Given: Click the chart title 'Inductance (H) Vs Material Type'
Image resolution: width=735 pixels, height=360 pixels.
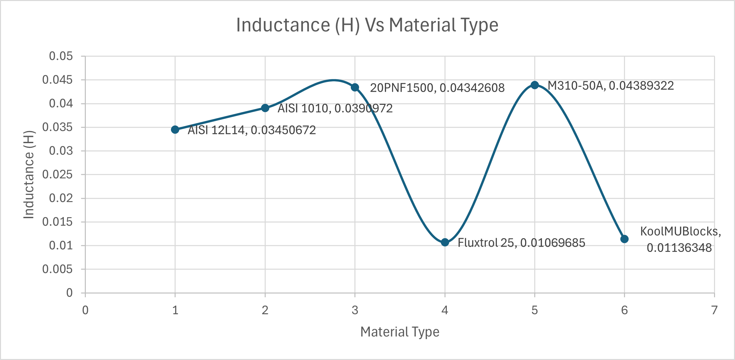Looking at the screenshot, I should pos(367,25).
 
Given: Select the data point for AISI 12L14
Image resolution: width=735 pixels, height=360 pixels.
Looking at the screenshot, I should pos(175,130).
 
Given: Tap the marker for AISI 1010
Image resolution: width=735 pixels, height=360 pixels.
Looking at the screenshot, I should pos(265,108).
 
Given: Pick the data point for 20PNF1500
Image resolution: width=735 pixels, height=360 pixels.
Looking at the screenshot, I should pos(355,87).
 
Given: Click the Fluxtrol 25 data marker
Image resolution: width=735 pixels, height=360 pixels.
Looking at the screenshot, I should pos(445,242).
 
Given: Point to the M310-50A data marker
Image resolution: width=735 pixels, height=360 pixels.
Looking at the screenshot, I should pos(535,85).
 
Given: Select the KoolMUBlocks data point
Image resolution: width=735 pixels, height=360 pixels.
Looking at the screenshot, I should pos(624,239).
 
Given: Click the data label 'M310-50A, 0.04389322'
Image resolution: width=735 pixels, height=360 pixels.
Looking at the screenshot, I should pos(611,86).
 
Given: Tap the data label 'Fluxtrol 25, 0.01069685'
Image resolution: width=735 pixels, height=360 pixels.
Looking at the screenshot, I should pos(521,243).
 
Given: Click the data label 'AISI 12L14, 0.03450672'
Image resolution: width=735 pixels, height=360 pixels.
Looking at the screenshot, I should pos(252,130).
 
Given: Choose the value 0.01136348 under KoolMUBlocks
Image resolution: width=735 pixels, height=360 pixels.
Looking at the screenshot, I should pos(679,248).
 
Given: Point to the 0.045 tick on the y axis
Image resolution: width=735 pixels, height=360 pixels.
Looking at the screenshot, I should pos(58,80).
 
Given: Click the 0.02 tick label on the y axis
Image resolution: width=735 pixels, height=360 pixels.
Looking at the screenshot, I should pos(61,198).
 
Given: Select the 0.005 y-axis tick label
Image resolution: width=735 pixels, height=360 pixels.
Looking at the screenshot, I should pos(58,269).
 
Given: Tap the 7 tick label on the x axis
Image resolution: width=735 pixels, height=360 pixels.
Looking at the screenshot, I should pos(714,310).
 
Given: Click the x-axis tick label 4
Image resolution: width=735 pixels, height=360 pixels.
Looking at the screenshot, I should pos(444,310).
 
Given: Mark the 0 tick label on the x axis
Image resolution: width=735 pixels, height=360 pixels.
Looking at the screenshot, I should pos(85,310).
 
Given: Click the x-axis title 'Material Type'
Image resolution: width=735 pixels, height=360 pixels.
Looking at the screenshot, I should pos(400,332).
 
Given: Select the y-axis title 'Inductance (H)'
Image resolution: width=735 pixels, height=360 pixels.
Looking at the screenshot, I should pos(29,175).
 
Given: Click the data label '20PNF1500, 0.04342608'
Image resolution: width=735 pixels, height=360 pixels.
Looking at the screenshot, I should pos(437,88).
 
